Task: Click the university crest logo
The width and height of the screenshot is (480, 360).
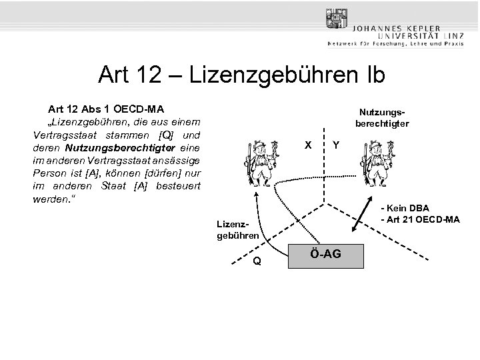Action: (337, 19)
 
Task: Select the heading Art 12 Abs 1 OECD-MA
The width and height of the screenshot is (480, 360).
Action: (106, 108)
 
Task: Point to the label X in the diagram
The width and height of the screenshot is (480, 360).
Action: (307, 145)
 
